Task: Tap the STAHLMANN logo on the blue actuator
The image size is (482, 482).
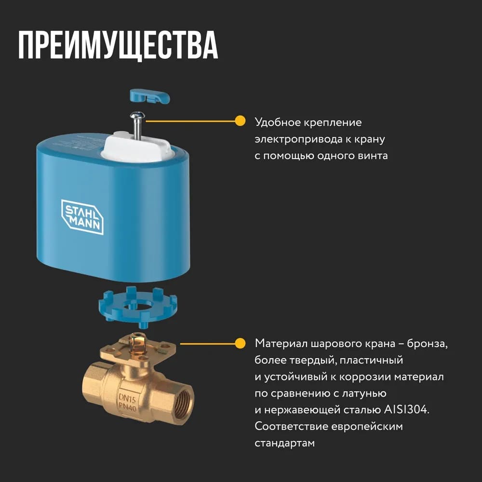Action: point(82,216)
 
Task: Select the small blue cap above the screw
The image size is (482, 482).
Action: point(149,95)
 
